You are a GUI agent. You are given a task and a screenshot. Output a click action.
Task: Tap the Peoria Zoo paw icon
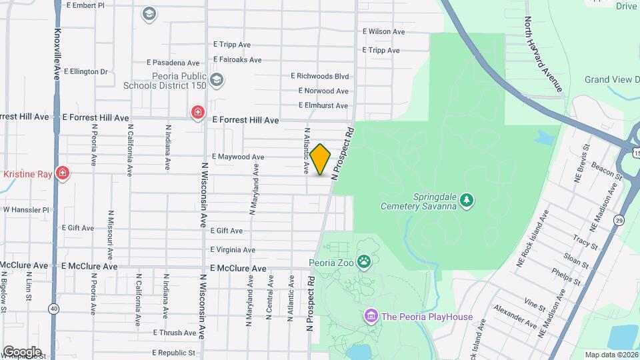[x=364, y=261]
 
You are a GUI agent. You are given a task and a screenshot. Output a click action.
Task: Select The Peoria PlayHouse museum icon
[x=371, y=315]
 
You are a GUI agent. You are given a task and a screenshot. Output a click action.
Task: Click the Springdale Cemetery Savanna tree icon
[x=468, y=199]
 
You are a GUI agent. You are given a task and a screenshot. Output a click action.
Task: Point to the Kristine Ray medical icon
[x=62, y=173]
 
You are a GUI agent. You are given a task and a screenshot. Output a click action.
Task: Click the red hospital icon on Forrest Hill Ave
[x=197, y=112]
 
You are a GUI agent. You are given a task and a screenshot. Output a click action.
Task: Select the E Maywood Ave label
[x=238, y=157]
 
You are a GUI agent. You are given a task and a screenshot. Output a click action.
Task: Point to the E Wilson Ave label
[x=383, y=31]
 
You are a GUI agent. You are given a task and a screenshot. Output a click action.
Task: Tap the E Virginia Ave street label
[x=233, y=250]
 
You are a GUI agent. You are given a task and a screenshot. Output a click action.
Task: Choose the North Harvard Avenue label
[x=543, y=54]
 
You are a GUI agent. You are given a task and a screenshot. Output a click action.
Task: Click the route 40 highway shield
[x=53, y=308]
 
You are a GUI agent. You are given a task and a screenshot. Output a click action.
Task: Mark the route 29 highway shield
[x=619, y=220]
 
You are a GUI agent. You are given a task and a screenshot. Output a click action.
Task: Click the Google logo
[x=22, y=351]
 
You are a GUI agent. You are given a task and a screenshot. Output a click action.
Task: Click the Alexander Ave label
[x=515, y=317]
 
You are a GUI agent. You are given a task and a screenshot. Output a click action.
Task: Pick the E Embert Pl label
[x=86, y=5]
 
